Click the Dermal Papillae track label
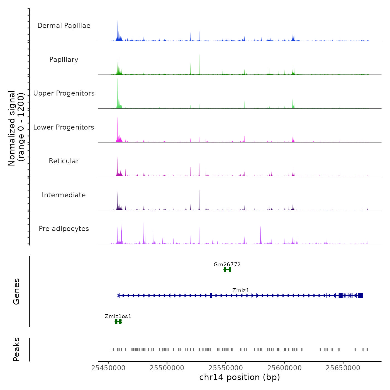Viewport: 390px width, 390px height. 64,26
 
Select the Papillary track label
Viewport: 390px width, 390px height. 64,60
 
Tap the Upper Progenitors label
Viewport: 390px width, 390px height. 64,93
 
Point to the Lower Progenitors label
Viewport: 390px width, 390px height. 64,127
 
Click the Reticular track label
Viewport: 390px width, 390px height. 64,161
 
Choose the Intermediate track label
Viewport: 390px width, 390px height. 64,195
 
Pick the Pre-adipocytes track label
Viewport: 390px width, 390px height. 64,229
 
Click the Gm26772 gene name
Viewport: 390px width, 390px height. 227,264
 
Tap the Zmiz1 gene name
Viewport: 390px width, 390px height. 241,290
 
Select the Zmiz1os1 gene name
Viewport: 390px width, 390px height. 118,316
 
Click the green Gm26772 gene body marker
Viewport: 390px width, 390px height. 227,270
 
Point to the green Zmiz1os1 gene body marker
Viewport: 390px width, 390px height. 118,321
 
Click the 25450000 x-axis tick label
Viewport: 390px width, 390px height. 108,368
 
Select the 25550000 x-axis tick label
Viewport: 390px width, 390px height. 226,368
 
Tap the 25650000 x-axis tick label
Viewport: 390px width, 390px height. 343,368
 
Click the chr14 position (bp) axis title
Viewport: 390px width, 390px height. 240,377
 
